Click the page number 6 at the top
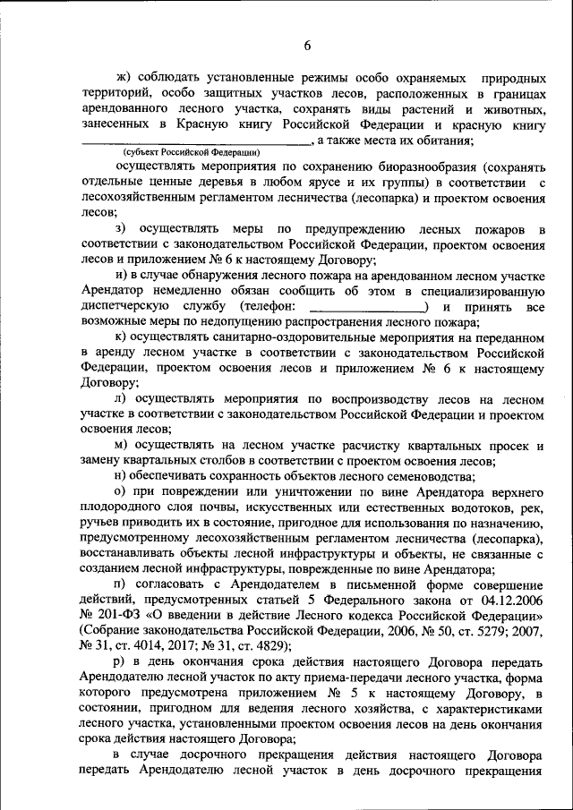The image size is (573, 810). (x=307, y=46)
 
